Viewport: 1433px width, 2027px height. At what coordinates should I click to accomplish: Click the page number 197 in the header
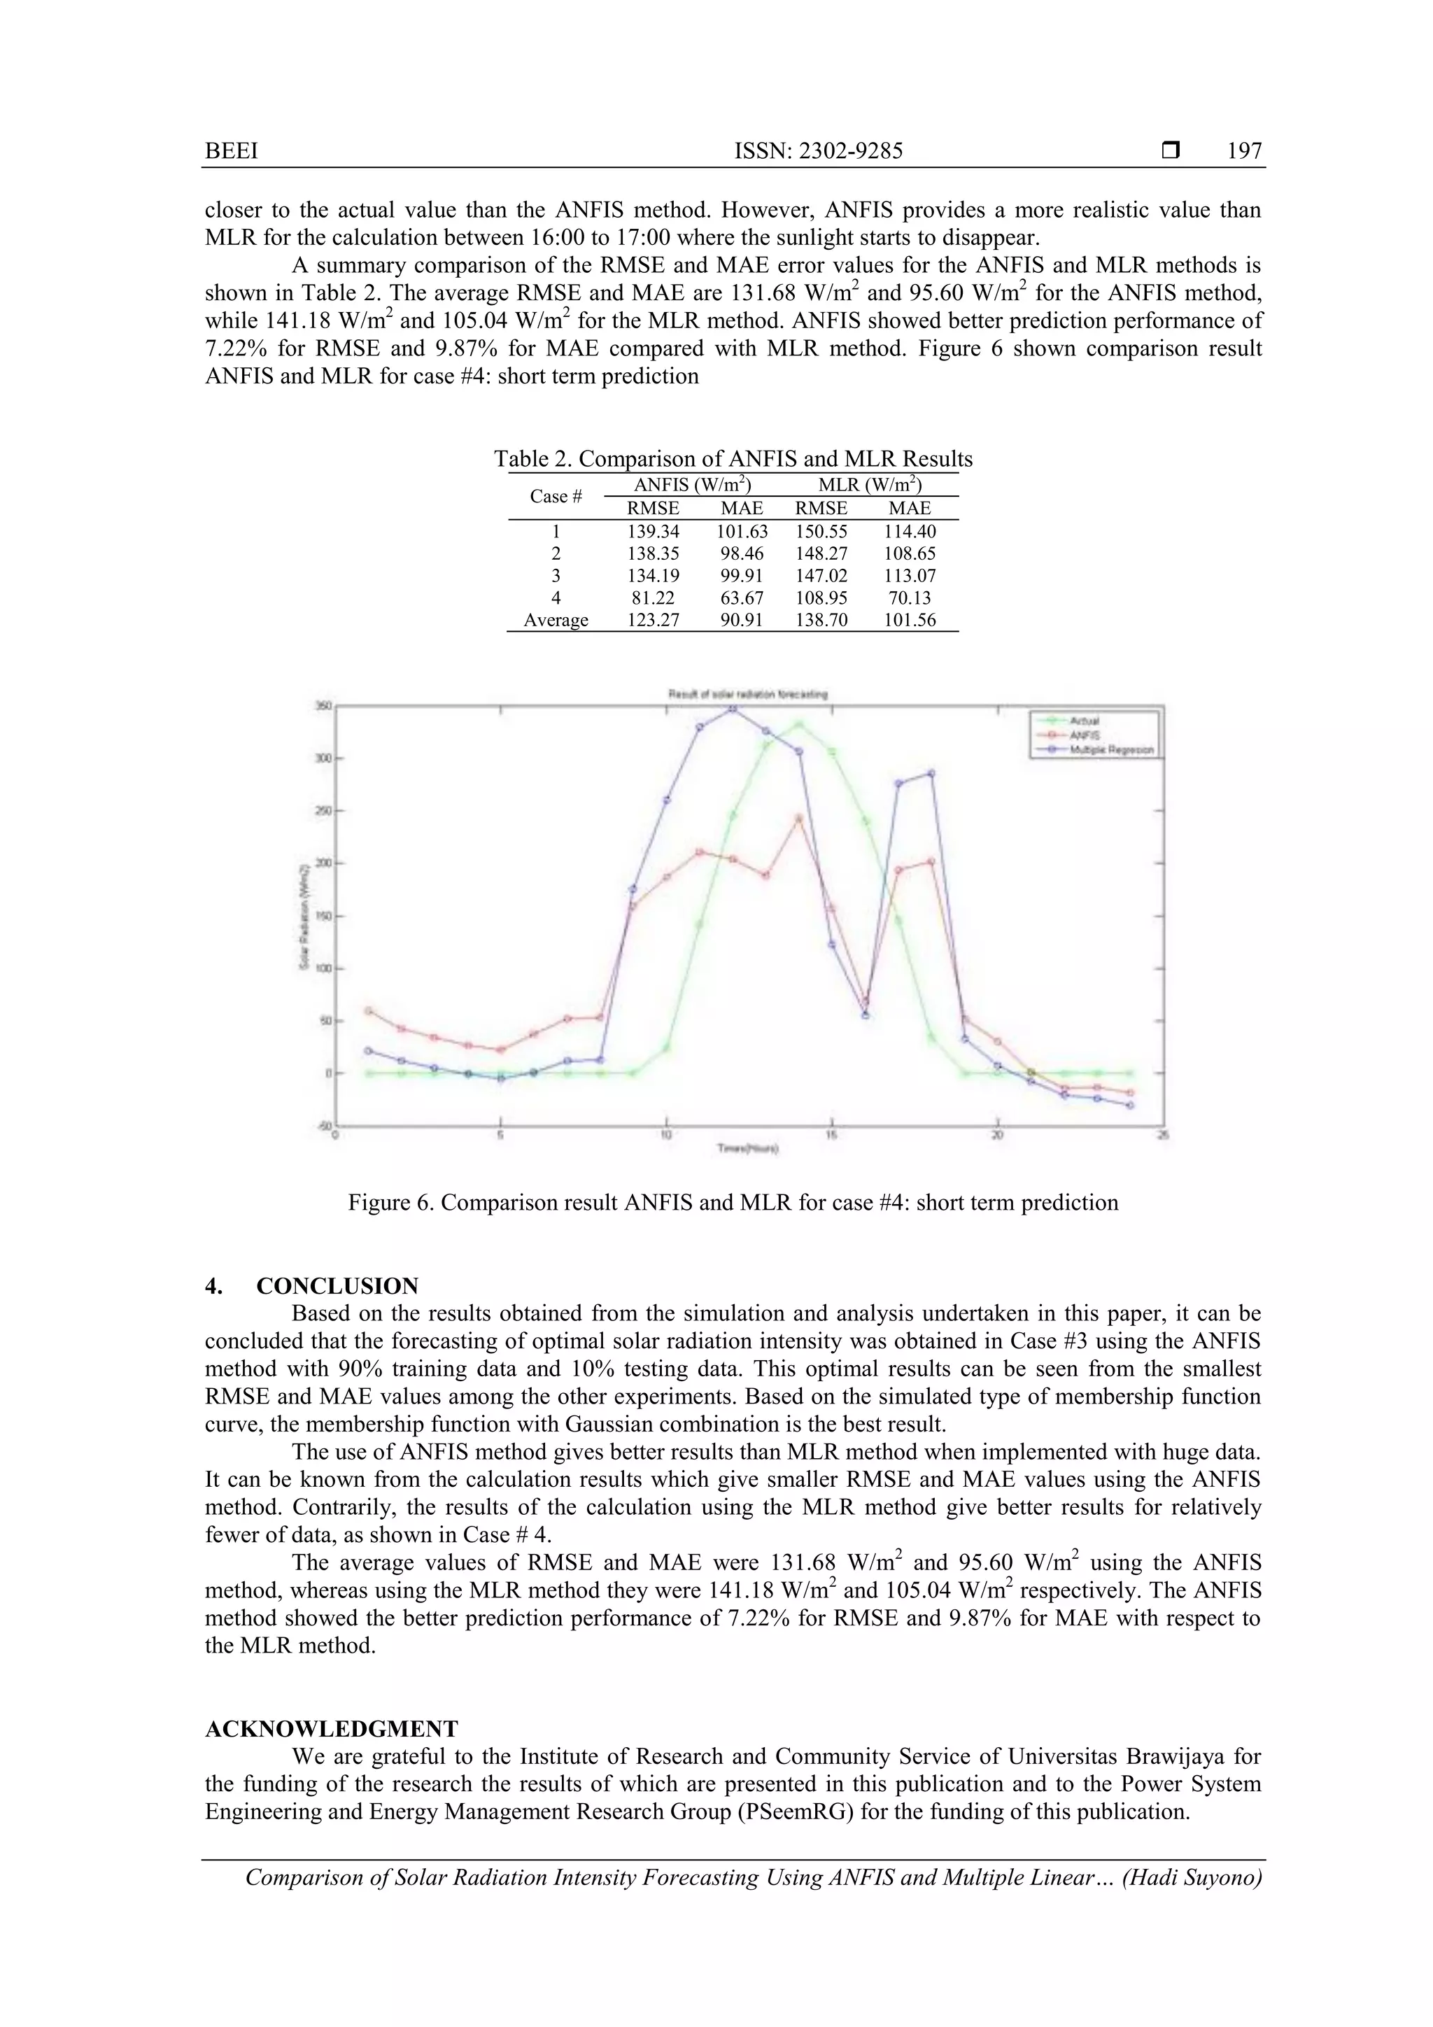(x=1244, y=151)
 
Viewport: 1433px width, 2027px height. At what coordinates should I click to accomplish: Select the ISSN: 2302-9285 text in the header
(x=819, y=151)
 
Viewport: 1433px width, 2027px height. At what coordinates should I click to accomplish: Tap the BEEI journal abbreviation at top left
(x=232, y=151)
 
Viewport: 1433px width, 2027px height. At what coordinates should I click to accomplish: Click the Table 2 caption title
(x=733, y=458)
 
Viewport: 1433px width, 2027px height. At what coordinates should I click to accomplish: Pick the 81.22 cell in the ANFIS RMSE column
(x=653, y=598)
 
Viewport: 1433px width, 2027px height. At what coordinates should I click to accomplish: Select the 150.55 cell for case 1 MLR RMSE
(x=821, y=532)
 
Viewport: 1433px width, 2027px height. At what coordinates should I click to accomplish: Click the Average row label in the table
(x=556, y=620)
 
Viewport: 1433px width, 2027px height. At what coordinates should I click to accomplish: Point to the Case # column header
(x=556, y=496)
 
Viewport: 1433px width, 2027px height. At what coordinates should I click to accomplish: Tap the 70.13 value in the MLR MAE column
(x=910, y=598)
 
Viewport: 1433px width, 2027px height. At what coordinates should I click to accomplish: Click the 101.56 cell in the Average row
(x=910, y=620)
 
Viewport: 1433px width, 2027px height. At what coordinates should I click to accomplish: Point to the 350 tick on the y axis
(x=324, y=705)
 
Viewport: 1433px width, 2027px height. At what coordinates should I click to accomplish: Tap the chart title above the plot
(x=747, y=695)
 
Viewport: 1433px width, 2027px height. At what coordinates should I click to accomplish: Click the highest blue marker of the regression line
(x=732, y=707)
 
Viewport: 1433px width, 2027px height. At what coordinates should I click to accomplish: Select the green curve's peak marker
(x=799, y=724)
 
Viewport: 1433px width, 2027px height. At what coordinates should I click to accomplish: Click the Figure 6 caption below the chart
(x=733, y=1203)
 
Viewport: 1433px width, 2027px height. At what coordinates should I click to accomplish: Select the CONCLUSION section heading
(x=337, y=1285)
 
